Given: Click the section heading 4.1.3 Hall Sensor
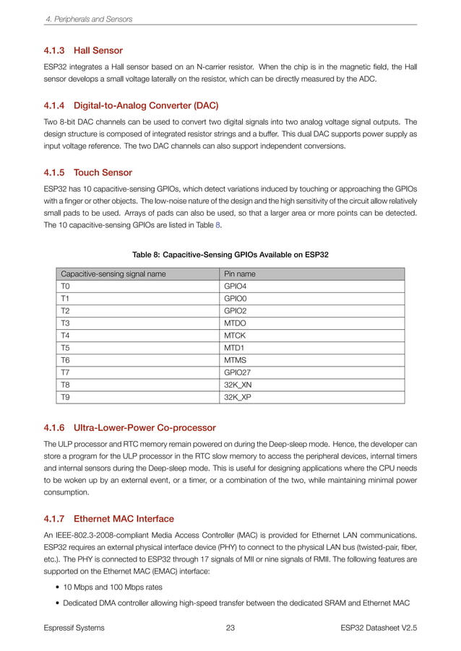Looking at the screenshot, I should click(x=83, y=51).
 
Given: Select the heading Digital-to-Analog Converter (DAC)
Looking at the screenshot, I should click(x=132, y=105).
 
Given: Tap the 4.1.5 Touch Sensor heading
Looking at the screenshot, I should click(x=88, y=173).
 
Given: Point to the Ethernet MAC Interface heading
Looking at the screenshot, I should click(x=108, y=518).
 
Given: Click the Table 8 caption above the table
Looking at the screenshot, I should click(x=231, y=254).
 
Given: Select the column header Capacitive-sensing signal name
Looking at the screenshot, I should click(x=108, y=274).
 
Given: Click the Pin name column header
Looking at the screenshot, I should click(x=240, y=274).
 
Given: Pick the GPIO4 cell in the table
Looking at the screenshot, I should click(x=236, y=287).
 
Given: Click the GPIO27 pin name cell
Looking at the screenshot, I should click(x=238, y=372).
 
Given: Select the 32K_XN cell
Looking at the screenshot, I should click(x=238, y=385).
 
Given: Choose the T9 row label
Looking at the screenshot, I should click(x=66, y=397).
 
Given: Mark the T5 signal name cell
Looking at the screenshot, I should click(x=66, y=348).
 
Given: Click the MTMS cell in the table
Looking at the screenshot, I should click(x=236, y=360).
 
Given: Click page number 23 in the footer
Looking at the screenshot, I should click(x=231, y=628).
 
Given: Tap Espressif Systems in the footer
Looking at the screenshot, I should click(x=74, y=628).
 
